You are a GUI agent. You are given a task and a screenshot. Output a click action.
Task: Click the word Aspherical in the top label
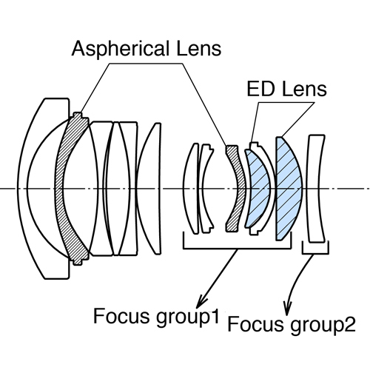click(121, 50)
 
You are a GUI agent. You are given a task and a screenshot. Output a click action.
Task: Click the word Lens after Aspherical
click(199, 49)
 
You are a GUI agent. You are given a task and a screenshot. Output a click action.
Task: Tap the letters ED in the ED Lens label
click(260, 89)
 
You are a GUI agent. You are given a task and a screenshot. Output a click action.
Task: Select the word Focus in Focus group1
click(121, 316)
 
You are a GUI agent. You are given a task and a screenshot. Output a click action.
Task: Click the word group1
click(187, 318)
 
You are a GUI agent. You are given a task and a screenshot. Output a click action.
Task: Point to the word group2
click(323, 326)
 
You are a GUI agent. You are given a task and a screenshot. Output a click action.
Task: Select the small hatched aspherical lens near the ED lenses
click(236, 189)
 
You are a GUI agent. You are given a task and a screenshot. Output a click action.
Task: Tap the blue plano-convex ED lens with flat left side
click(289, 189)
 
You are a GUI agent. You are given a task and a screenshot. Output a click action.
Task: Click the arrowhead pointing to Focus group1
click(202, 301)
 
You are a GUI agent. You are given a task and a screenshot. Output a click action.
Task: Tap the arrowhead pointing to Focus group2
click(287, 309)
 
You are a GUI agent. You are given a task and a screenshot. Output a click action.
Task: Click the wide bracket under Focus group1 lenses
click(237, 249)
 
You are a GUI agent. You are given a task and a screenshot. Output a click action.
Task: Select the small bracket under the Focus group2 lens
click(315, 253)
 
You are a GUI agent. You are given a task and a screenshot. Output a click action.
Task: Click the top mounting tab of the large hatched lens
click(78, 115)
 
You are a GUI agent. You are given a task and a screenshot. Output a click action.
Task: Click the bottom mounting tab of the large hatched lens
click(78, 262)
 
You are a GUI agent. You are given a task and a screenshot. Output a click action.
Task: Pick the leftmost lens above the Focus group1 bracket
click(190, 189)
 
